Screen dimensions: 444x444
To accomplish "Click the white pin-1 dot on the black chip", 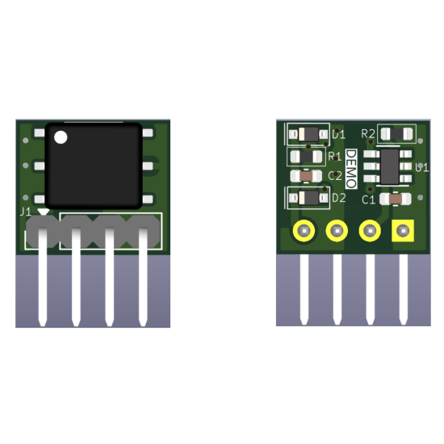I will click(x=61, y=138).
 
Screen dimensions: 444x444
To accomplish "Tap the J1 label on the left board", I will click(x=25, y=212).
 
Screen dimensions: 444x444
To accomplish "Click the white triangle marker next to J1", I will click(x=43, y=212).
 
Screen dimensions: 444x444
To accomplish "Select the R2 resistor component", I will click(x=397, y=133).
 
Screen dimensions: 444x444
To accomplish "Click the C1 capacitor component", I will click(x=396, y=198).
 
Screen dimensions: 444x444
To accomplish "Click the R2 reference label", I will click(x=368, y=133).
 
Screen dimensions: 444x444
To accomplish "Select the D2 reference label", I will click(x=338, y=197).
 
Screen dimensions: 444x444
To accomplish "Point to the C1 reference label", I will click(x=368, y=199).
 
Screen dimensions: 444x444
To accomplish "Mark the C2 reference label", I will click(x=335, y=175).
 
